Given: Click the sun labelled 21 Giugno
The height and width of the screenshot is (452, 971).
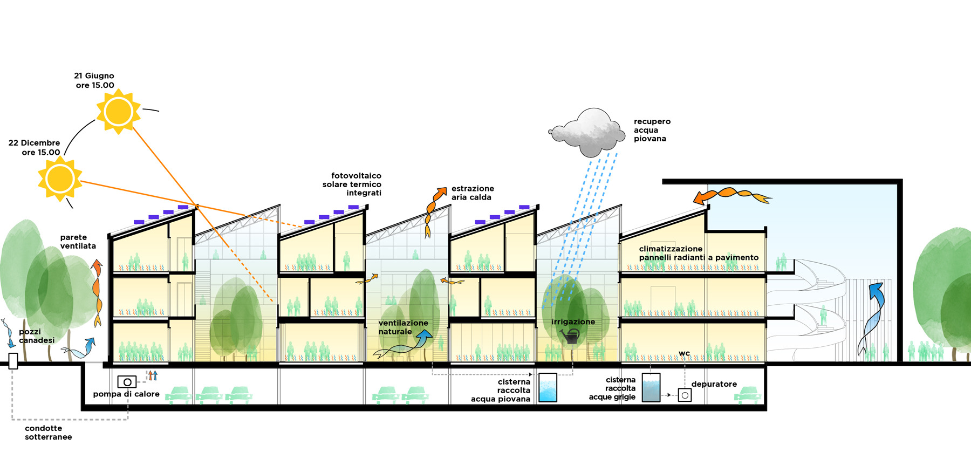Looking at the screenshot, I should [x=118, y=112].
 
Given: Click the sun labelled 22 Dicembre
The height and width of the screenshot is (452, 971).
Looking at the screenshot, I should [x=60, y=179].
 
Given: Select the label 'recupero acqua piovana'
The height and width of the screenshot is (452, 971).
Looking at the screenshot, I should [x=652, y=130].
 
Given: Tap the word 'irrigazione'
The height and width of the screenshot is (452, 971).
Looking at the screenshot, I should [x=573, y=322].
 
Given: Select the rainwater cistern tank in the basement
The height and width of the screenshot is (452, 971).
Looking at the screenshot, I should [x=548, y=387].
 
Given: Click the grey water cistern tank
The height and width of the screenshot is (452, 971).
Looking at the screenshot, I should [x=651, y=387].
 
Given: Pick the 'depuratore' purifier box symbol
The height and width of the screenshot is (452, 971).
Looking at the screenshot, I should [x=685, y=395].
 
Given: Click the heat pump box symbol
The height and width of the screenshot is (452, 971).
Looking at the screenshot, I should [x=127, y=382].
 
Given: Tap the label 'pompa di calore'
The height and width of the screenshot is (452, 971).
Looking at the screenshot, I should [x=126, y=394].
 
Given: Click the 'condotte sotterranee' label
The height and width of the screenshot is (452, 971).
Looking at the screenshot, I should [x=48, y=433].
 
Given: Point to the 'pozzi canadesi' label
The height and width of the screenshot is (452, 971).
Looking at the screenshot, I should [x=37, y=336].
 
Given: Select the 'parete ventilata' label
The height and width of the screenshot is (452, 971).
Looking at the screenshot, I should [x=78, y=242].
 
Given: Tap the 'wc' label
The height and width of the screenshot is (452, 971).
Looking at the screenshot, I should [x=684, y=353].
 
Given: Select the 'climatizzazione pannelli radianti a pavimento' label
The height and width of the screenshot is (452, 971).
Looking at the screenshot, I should [x=698, y=253].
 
